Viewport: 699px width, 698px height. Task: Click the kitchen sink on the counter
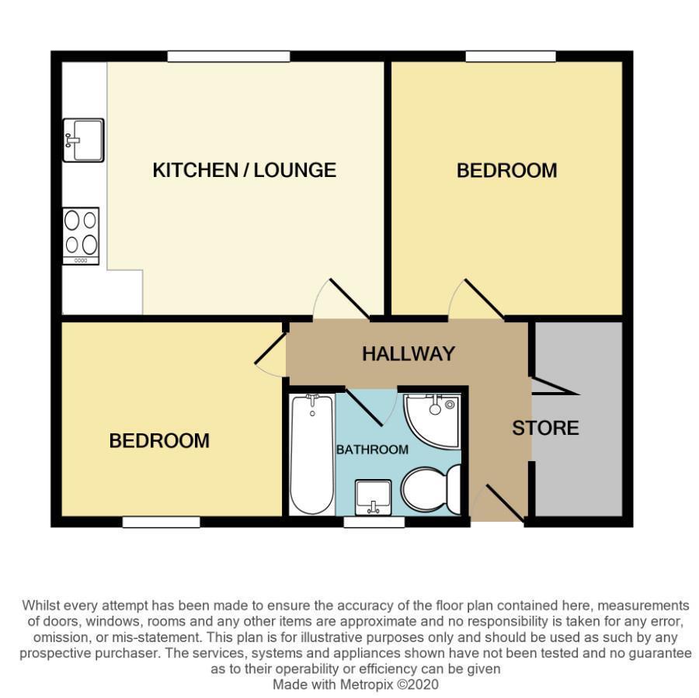click(82, 140)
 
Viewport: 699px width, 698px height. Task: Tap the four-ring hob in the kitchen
click(82, 235)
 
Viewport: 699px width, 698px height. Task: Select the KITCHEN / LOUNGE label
click(244, 170)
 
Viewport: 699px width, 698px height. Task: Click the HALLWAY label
click(408, 354)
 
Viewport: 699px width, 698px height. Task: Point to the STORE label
click(545, 428)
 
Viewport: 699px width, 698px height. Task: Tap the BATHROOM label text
click(372, 450)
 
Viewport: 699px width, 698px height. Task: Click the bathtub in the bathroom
click(311, 453)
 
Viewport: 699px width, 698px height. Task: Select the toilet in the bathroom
click(430, 488)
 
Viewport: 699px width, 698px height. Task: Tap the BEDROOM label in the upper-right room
click(506, 171)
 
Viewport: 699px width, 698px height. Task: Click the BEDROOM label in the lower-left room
click(159, 441)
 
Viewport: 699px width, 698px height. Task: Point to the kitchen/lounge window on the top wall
click(228, 56)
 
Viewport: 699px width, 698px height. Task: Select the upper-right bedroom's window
click(510, 56)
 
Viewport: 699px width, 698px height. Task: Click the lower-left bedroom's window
click(161, 523)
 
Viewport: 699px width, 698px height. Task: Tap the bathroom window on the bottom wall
click(374, 523)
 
